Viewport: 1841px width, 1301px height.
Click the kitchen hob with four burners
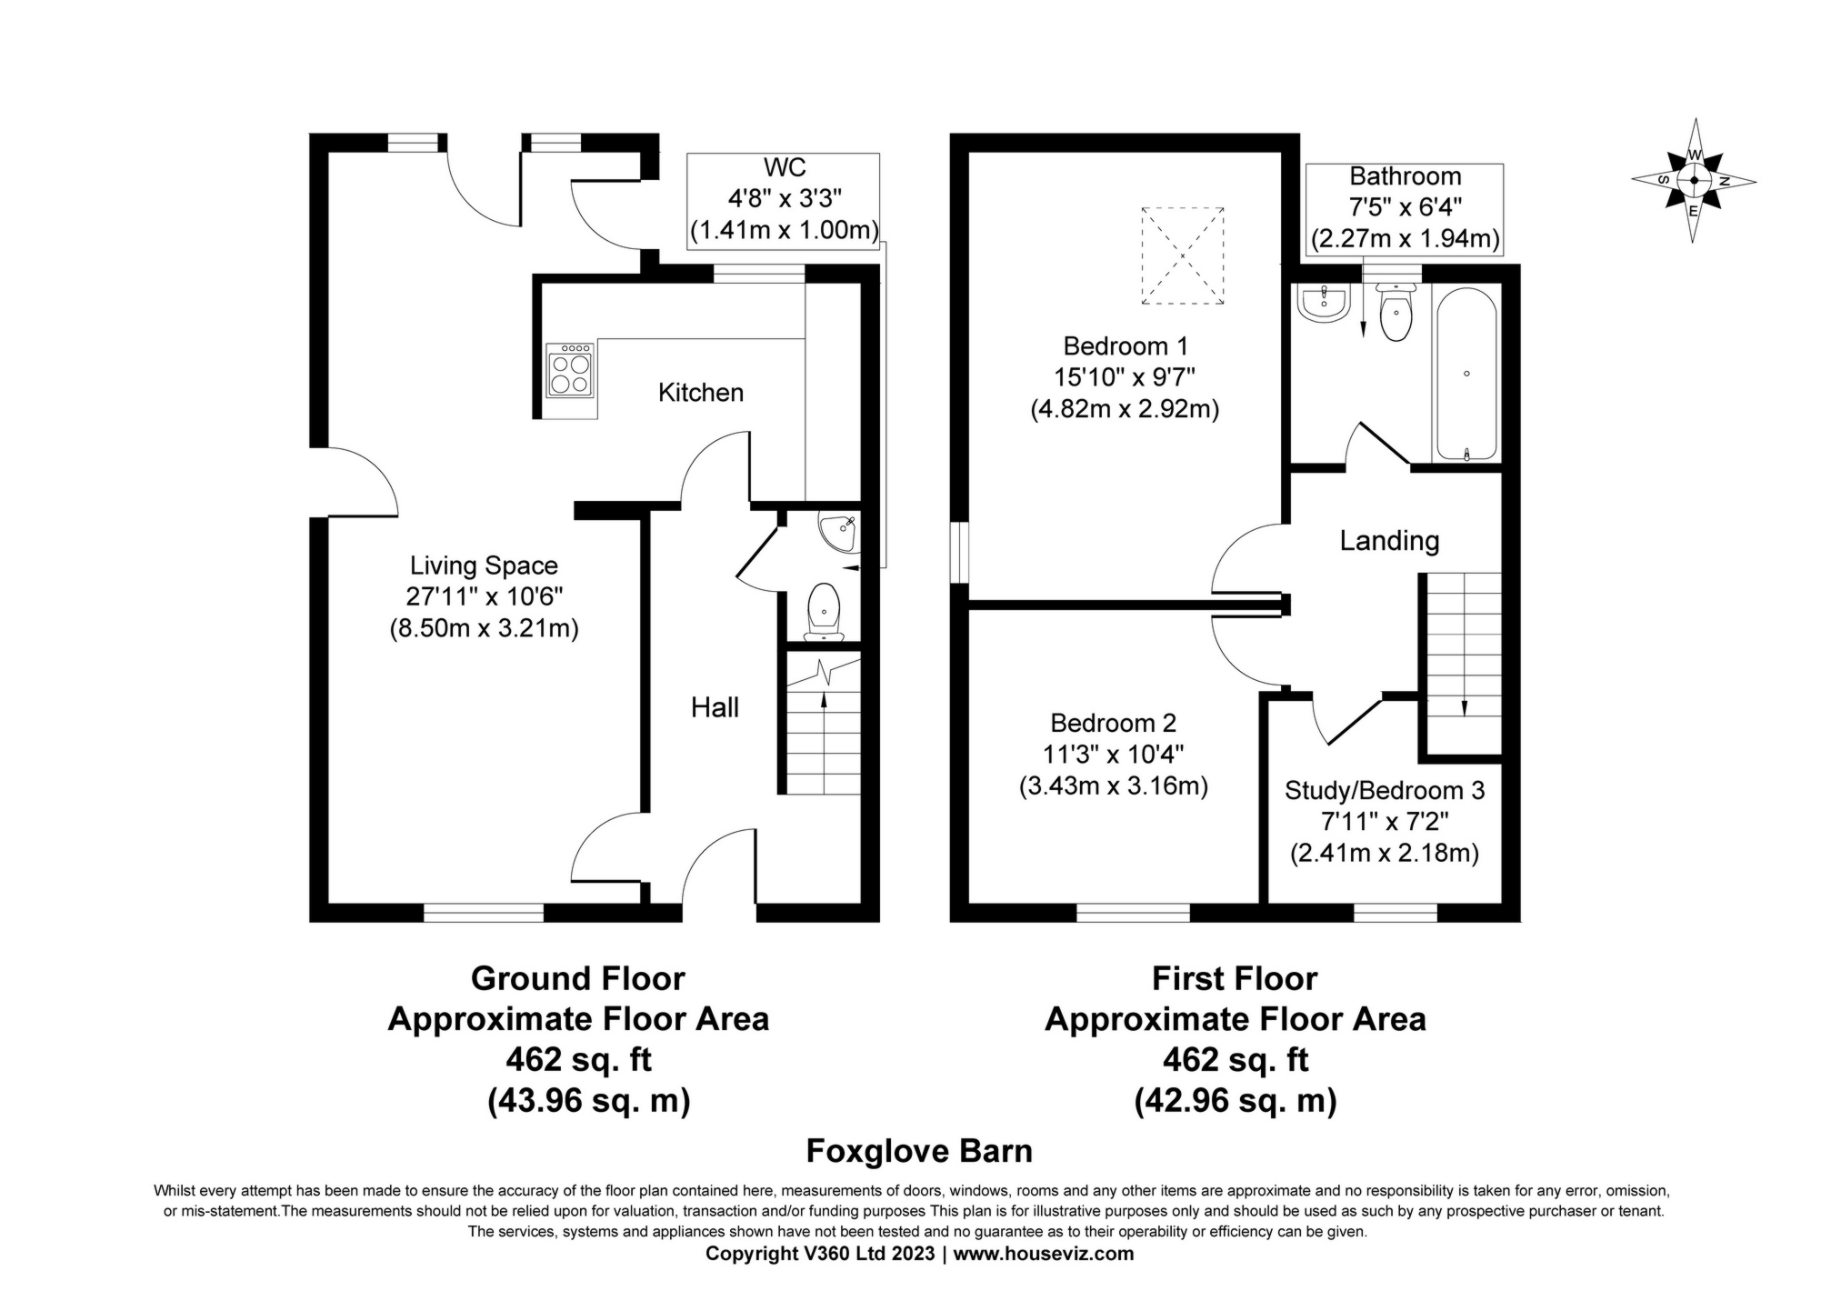pyautogui.click(x=570, y=370)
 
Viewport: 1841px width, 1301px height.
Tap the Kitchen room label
pyautogui.click(x=700, y=393)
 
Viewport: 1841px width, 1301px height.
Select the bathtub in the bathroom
pyautogui.click(x=1465, y=374)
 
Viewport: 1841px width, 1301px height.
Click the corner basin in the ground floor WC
pyautogui.click(x=837, y=533)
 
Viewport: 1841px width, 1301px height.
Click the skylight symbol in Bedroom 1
pyautogui.click(x=1182, y=255)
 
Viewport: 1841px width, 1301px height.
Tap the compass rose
pyautogui.click(x=1693, y=181)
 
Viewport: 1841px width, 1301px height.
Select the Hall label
pyautogui.click(x=715, y=707)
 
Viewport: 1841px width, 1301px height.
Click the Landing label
pyautogui.click(x=1388, y=541)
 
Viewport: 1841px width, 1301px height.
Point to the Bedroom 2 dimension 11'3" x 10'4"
pyautogui.click(x=1113, y=754)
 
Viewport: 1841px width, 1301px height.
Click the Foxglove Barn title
pyautogui.click(x=919, y=1151)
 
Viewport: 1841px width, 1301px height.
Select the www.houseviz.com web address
pyautogui.click(x=1043, y=1254)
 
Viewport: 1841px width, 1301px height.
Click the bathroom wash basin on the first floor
pyautogui.click(x=1325, y=305)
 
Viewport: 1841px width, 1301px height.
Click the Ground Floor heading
pyautogui.click(x=577, y=978)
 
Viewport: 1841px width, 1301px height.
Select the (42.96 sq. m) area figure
pyautogui.click(x=1235, y=1101)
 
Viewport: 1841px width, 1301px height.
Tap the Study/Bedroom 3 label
pyautogui.click(x=1384, y=790)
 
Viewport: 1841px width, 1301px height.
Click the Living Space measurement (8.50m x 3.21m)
pyautogui.click(x=484, y=628)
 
